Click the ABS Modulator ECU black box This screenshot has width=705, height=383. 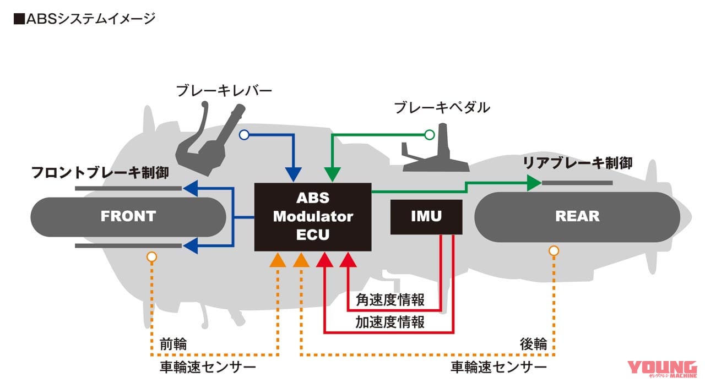click(x=312, y=217)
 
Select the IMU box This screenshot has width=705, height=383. click(x=426, y=217)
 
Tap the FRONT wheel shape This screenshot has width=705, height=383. click(x=128, y=216)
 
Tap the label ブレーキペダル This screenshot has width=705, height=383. click(x=442, y=107)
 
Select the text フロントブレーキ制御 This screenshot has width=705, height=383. click(x=100, y=172)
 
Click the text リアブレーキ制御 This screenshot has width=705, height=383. click(x=577, y=163)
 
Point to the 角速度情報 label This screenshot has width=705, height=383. click(x=390, y=300)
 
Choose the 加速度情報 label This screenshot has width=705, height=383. click(x=390, y=322)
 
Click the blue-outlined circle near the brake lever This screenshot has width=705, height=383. click(x=244, y=134)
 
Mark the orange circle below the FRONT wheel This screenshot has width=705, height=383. click(x=151, y=256)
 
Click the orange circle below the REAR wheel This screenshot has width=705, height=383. click(x=554, y=251)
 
